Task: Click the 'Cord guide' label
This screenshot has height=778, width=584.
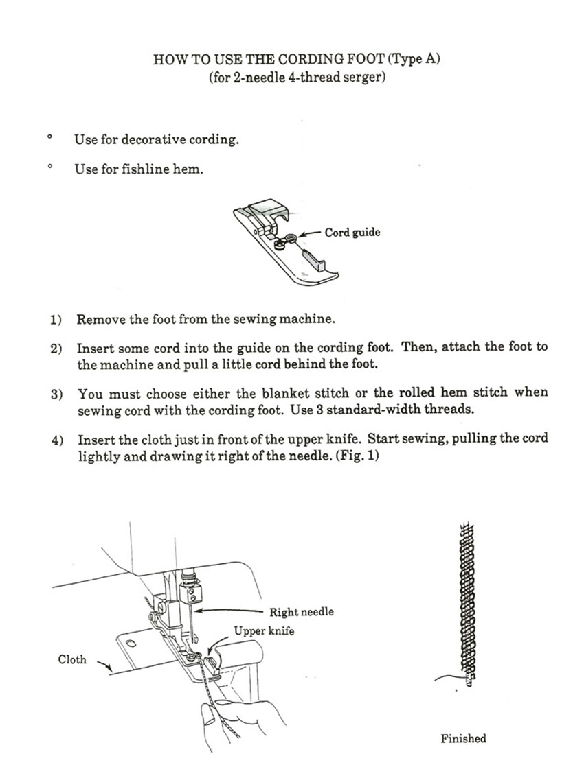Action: [352, 233]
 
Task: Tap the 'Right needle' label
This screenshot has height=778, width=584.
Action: [301, 611]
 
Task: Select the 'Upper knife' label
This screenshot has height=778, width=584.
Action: [264, 630]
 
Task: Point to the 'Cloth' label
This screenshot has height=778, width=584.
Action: [72, 659]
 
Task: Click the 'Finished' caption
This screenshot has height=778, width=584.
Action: [463, 738]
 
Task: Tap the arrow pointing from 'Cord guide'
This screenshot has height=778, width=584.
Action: [311, 234]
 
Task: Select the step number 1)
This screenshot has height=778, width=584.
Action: [56, 320]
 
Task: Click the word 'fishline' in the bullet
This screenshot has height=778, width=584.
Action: [145, 169]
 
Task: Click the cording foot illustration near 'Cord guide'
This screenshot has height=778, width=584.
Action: [284, 243]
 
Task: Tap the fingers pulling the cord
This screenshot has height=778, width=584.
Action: [237, 720]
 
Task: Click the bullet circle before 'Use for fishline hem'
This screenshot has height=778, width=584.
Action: [50, 167]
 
